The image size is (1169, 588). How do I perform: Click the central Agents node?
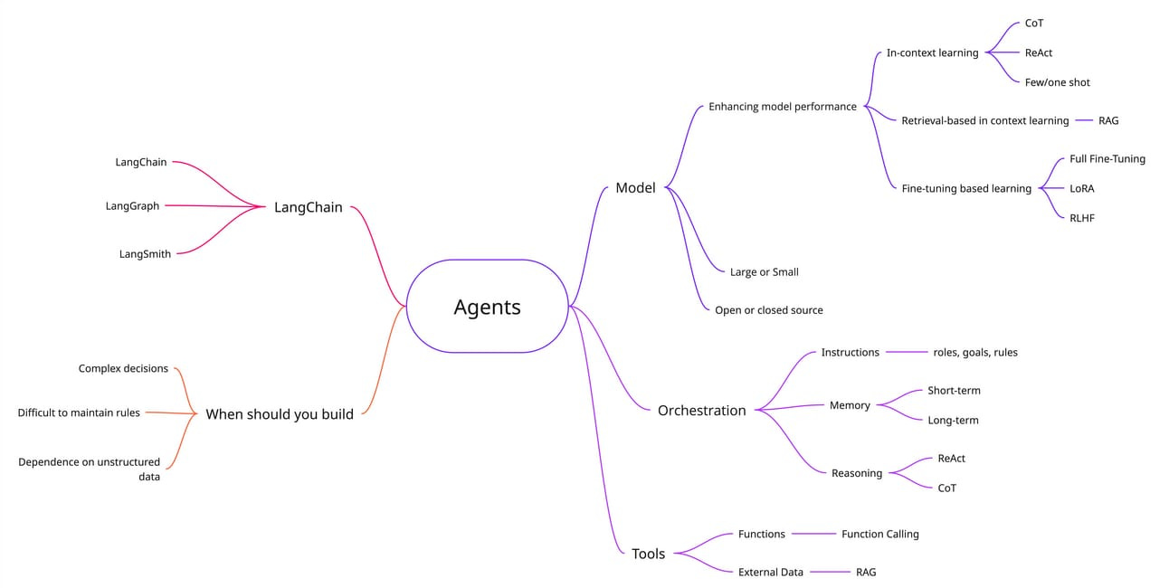pyautogui.click(x=487, y=307)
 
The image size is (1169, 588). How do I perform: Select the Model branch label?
pyautogui.click(x=635, y=188)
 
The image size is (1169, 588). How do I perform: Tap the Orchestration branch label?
pyautogui.click(x=701, y=411)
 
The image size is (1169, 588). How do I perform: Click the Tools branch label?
pyautogui.click(x=648, y=554)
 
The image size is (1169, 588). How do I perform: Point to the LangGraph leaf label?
pyautogui.click(x=132, y=206)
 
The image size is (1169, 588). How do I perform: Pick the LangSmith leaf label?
pyautogui.click(x=145, y=254)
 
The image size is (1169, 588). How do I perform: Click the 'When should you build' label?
pyautogui.click(x=280, y=414)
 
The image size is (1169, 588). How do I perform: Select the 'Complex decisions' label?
pyautogui.click(x=123, y=368)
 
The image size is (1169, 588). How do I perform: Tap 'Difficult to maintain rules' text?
pyautogui.click(x=79, y=413)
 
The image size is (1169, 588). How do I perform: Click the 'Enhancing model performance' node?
pyautogui.click(x=782, y=107)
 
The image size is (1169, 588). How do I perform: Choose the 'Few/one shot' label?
pyautogui.click(x=1057, y=82)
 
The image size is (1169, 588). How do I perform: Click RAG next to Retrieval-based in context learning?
pyautogui.click(x=1108, y=120)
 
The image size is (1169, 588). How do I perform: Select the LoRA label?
pyautogui.click(x=1081, y=188)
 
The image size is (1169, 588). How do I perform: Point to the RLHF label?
pyautogui.click(x=1081, y=218)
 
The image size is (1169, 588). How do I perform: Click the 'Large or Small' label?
pyautogui.click(x=764, y=271)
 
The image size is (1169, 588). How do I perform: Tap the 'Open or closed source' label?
pyautogui.click(x=768, y=309)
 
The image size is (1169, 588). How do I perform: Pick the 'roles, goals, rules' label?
pyautogui.click(x=974, y=352)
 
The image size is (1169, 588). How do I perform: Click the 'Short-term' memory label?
pyautogui.click(x=954, y=391)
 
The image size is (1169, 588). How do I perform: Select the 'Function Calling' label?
pyautogui.click(x=879, y=534)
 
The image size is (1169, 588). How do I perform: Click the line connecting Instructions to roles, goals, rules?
pyautogui.click(x=907, y=352)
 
